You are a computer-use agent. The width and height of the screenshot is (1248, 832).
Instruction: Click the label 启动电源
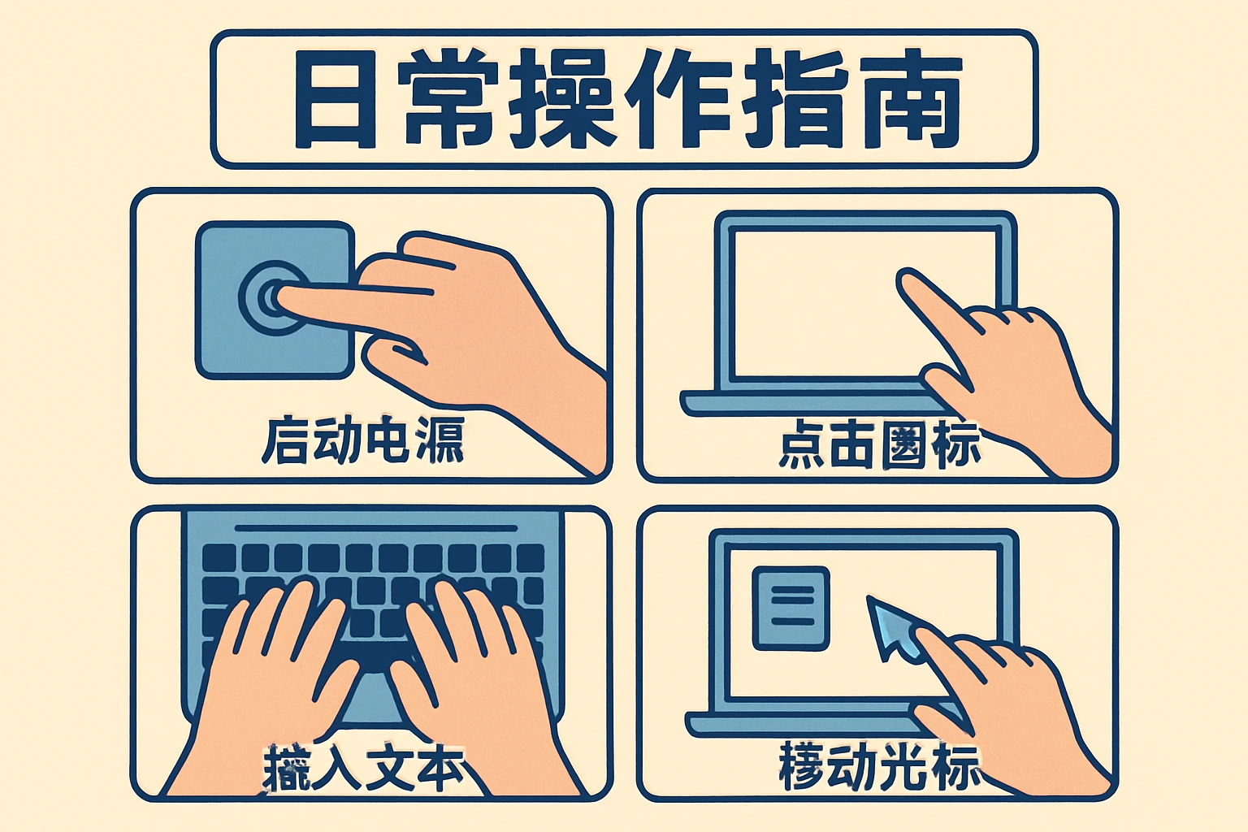[x=362, y=441]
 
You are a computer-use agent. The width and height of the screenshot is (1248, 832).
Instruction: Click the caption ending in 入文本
[x=364, y=768]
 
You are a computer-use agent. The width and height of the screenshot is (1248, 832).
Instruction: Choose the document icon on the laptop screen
[x=791, y=608]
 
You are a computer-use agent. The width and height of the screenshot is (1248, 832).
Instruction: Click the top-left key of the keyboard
[x=219, y=558]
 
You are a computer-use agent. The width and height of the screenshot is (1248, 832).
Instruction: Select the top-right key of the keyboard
[x=530, y=558]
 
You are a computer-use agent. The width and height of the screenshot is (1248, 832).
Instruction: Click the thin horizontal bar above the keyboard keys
[x=375, y=528]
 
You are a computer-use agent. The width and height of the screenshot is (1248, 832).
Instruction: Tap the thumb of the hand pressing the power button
[x=394, y=351]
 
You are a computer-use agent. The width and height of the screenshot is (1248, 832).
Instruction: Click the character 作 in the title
[x=679, y=99]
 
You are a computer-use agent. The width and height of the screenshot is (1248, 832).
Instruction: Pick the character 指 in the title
[x=795, y=99]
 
